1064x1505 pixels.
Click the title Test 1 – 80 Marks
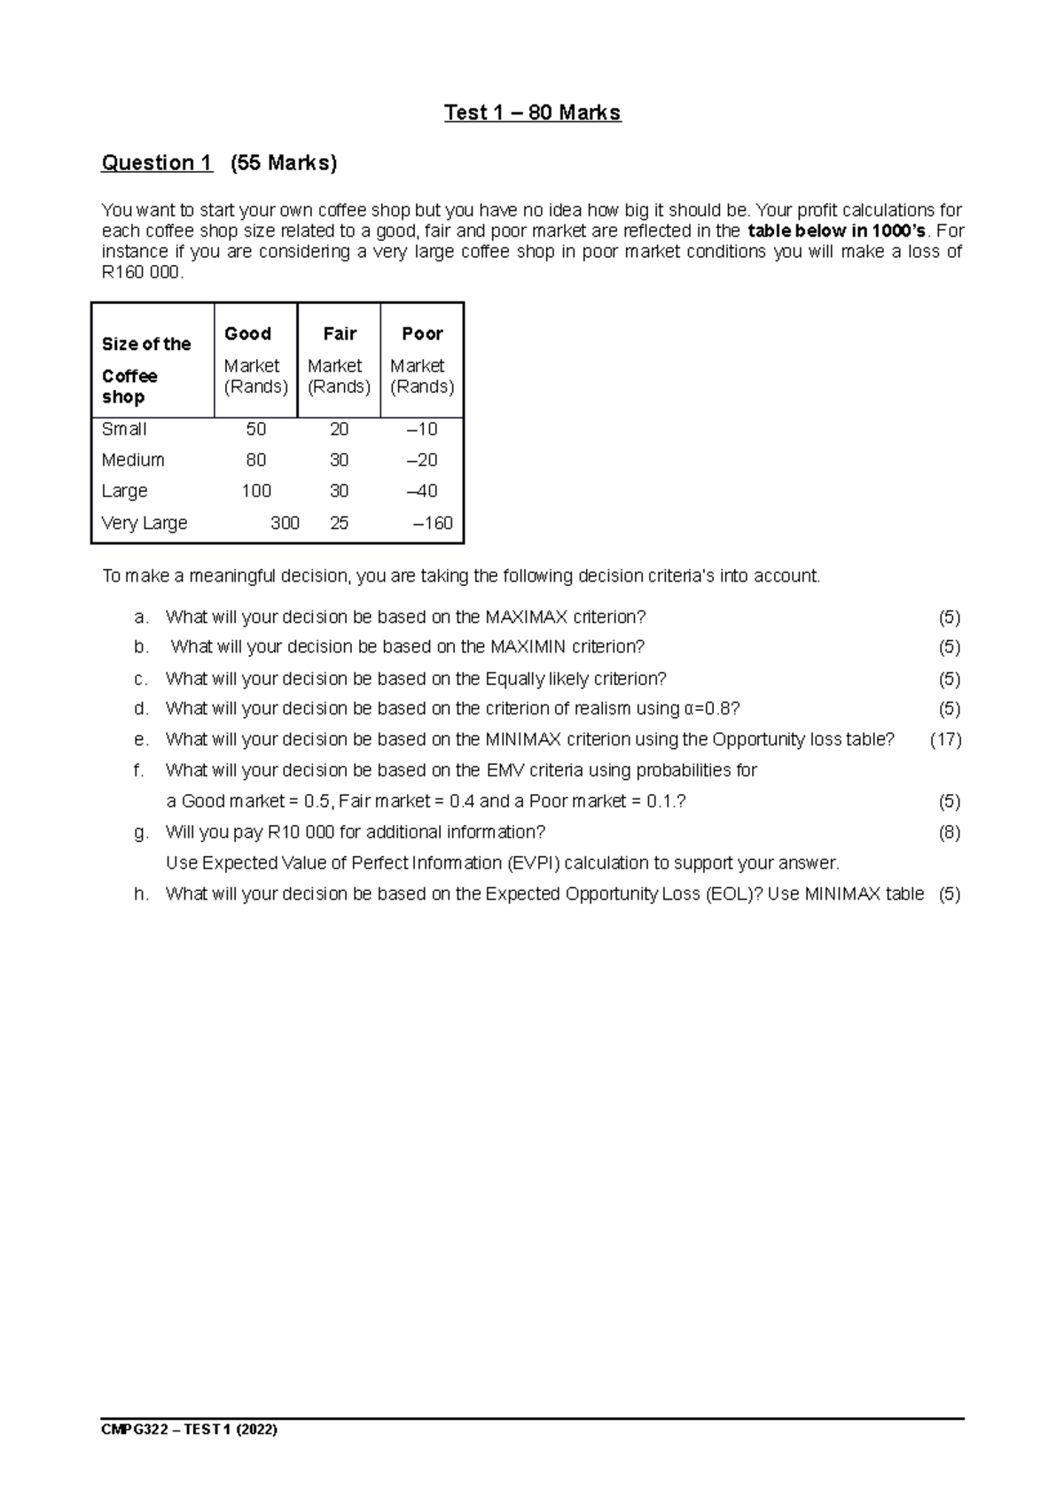[x=532, y=113]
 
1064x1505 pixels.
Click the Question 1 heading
[x=157, y=163]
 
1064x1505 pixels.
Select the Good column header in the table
[x=247, y=334]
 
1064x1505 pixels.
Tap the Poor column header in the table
[x=422, y=334]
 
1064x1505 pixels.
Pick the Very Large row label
[x=145, y=523]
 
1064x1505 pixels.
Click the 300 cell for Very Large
[x=285, y=523]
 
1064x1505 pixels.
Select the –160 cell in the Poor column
[x=433, y=523]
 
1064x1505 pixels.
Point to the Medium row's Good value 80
[x=255, y=460]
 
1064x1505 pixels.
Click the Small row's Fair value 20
[x=339, y=429]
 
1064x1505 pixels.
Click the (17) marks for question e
[x=945, y=739]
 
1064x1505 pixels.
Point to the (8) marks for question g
[x=949, y=832]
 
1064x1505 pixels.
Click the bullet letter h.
[x=140, y=894]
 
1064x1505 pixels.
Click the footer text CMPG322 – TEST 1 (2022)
[x=190, y=1430]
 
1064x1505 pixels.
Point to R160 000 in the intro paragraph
[x=142, y=274]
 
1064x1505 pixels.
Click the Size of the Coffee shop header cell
[x=146, y=370]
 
